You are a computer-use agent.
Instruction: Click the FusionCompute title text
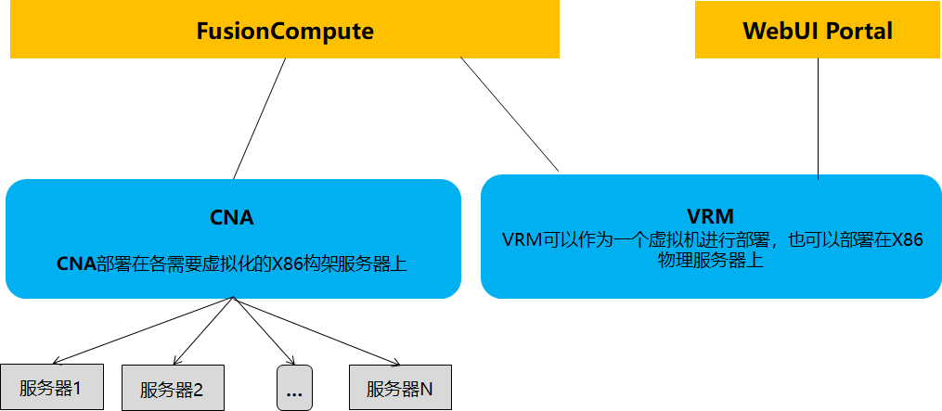click(x=285, y=31)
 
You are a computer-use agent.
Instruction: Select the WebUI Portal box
click(x=817, y=31)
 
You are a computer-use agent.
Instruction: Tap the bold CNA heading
click(x=232, y=218)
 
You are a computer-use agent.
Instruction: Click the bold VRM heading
click(x=711, y=216)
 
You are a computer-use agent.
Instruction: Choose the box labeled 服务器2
click(x=173, y=389)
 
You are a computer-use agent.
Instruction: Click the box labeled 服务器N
click(x=400, y=388)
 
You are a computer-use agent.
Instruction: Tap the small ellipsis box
click(x=294, y=389)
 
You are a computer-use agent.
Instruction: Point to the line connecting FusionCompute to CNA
click(x=260, y=119)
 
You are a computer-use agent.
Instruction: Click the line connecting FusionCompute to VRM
click(x=510, y=115)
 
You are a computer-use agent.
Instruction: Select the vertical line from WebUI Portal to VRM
click(x=818, y=116)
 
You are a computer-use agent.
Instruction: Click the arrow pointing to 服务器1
click(x=139, y=331)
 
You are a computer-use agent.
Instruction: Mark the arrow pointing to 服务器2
click(x=201, y=331)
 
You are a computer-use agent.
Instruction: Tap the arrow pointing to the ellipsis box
click(x=262, y=331)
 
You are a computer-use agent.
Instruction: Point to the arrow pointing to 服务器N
click(x=316, y=331)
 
